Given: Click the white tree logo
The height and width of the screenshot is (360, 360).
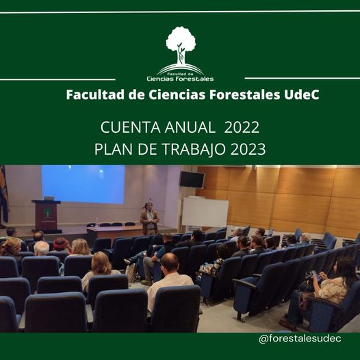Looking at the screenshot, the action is pyautogui.click(x=181, y=53).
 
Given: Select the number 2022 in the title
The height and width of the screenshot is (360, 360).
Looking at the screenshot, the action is pyautogui.click(x=242, y=127).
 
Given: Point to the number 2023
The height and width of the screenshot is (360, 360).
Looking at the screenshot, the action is pyautogui.click(x=248, y=149).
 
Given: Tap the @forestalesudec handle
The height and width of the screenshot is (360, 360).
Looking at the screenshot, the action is pyautogui.click(x=300, y=338).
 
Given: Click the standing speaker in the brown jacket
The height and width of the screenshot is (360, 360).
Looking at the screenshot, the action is pyautogui.click(x=149, y=219).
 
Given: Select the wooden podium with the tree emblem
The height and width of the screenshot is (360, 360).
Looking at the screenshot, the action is pyautogui.click(x=47, y=216).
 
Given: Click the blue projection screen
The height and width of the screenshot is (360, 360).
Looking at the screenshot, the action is pyautogui.click(x=83, y=184).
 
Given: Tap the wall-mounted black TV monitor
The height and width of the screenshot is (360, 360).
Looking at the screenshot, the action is pyautogui.click(x=192, y=180).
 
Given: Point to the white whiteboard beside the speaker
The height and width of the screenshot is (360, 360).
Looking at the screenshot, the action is pyautogui.click(x=205, y=211).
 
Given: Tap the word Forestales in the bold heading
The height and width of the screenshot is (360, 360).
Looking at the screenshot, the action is pyautogui.click(x=244, y=94).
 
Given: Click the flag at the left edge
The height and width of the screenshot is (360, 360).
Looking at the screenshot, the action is pyautogui.click(x=3, y=195).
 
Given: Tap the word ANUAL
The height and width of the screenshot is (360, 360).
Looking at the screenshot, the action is pyautogui.click(x=190, y=127).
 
